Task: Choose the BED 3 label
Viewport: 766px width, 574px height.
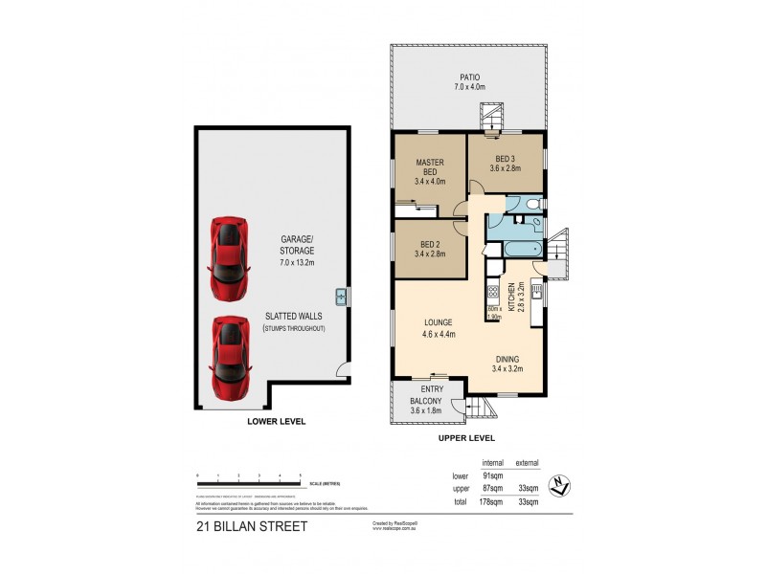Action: [x=506, y=164]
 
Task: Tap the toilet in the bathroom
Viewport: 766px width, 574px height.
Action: [x=534, y=204]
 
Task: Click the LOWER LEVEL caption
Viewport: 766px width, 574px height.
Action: [x=276, y=420]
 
